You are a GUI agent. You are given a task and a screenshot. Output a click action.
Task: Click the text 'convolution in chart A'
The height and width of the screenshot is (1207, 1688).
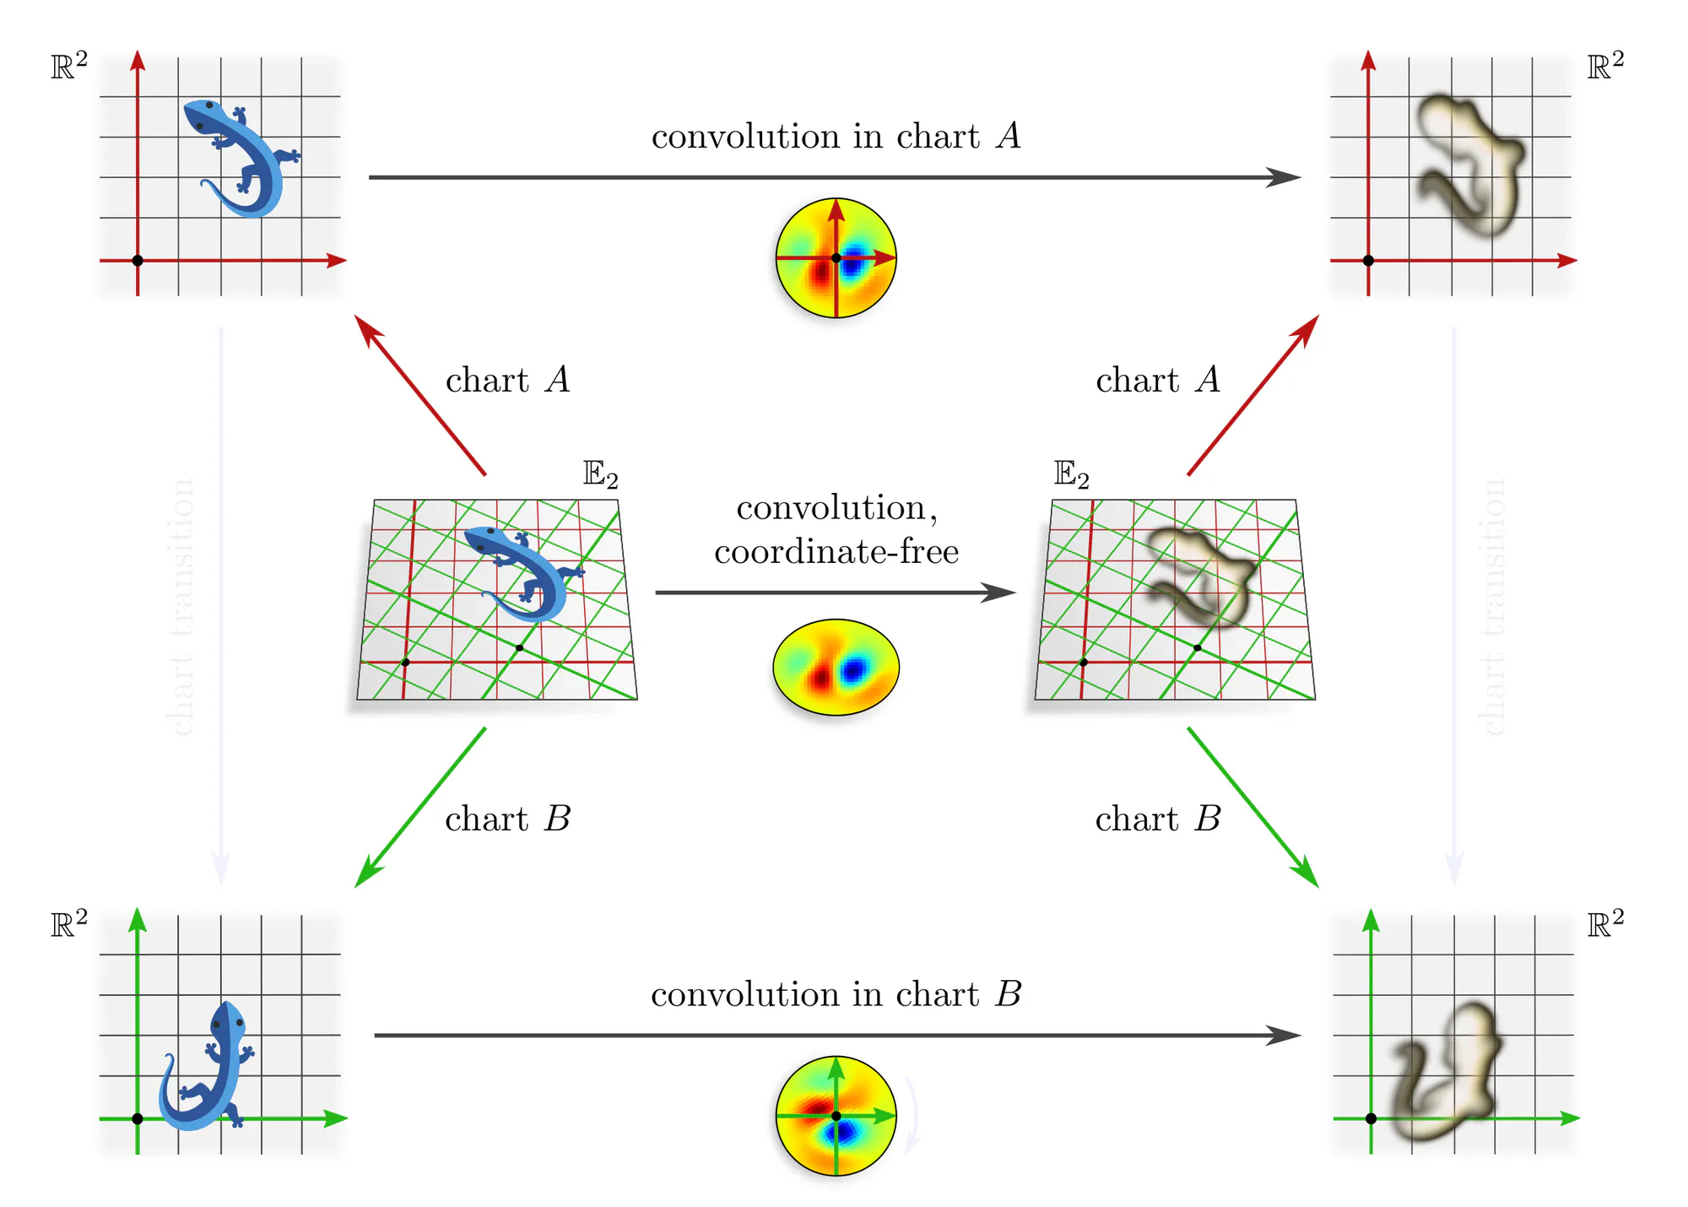(836, 137)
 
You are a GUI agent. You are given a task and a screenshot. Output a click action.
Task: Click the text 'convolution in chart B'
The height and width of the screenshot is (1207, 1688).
(836, 994)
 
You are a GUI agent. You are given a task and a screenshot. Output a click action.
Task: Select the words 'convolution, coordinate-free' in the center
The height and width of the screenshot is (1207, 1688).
(836, 529)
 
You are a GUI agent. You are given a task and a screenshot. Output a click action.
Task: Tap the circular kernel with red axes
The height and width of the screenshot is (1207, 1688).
(836, 258)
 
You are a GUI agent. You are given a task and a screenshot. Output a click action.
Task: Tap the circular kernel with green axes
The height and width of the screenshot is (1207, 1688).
(836, 1116)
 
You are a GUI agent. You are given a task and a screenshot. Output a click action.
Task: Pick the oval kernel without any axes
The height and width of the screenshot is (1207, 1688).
(836, 668)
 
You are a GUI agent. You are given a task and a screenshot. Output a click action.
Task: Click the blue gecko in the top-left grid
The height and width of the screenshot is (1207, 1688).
(241, 156)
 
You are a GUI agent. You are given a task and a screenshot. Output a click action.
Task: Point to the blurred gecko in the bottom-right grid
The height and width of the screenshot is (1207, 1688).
(1443, 1072)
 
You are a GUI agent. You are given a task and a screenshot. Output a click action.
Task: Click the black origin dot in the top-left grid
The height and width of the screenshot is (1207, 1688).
(138, 261)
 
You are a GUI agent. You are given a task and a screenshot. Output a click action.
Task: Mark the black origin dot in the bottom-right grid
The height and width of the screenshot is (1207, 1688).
(1371, 1118)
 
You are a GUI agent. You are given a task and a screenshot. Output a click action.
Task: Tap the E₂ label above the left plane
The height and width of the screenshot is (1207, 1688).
(600, 474)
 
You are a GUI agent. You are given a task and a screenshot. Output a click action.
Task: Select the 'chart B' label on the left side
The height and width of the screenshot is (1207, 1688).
(507, 820)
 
